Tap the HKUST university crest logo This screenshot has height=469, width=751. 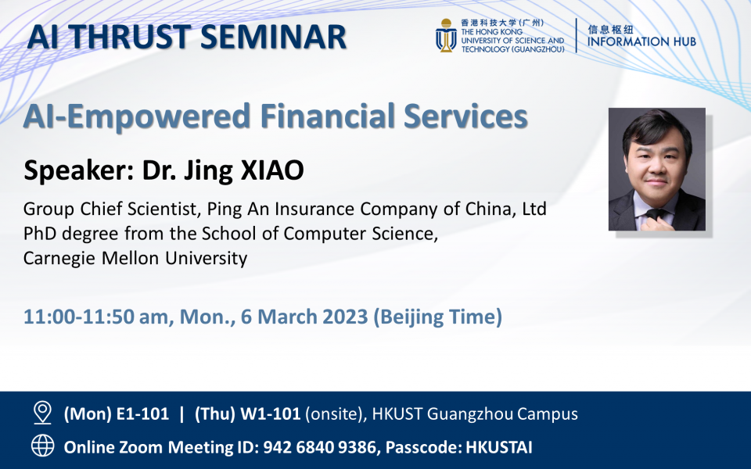point(446,36)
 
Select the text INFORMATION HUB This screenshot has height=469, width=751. point(641,41)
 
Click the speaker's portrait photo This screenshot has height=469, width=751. point(656,170)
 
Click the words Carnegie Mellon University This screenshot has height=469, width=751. point(135,258)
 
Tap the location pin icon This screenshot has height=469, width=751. point(42,413)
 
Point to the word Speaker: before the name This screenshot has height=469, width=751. point(79,170)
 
